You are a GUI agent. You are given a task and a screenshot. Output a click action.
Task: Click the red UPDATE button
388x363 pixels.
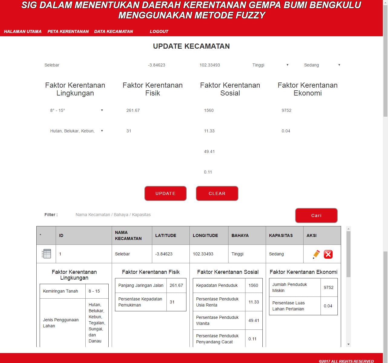165,193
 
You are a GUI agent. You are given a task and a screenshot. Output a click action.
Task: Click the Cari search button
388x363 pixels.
316,216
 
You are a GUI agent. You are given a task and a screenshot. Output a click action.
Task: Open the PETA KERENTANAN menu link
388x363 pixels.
68,31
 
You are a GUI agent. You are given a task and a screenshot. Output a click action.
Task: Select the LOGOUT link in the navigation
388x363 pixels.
159,31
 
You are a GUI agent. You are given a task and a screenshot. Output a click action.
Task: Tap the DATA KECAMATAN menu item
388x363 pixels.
113,31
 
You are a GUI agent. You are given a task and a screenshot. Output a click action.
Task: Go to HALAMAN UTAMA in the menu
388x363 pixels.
23,31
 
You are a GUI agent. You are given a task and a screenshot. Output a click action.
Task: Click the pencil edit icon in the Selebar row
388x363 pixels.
316,254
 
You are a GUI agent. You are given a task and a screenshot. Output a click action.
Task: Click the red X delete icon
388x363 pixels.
328,254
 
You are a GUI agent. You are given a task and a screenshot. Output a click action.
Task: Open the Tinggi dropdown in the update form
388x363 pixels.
270,65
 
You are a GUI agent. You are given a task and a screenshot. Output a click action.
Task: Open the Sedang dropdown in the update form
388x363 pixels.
322,65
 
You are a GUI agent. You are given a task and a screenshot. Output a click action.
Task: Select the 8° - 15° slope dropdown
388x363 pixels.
76,110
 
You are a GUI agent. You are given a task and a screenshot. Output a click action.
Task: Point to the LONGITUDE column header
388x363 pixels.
205,235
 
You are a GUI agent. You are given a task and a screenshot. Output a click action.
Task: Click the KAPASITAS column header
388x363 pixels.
281,235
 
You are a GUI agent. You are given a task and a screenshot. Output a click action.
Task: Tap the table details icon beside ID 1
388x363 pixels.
46,254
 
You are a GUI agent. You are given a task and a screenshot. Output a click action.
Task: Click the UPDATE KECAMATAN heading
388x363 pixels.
191,46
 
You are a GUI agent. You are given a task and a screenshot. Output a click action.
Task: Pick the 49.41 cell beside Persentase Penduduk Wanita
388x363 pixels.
254,320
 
